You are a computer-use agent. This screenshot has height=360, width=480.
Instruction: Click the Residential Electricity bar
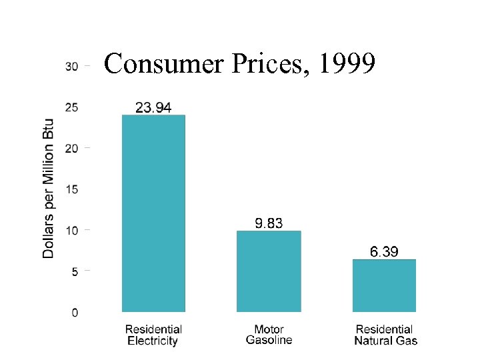153,213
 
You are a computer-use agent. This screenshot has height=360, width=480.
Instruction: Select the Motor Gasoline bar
269,271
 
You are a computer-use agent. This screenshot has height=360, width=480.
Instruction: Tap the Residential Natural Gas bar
384,285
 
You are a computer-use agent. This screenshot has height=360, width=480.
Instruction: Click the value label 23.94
153,107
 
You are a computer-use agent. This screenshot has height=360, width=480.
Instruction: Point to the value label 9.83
269,223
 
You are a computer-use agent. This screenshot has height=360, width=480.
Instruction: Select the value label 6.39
384,251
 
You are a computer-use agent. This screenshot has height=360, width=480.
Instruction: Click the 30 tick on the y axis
71,66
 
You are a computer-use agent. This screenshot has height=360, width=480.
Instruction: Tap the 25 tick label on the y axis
71,107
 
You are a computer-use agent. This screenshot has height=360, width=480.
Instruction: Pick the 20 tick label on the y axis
71,148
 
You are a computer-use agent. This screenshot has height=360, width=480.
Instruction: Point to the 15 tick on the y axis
71,189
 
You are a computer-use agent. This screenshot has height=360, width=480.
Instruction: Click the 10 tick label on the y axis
71,231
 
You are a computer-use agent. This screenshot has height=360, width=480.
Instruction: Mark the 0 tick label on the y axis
75,313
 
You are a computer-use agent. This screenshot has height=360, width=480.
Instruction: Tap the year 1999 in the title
348,64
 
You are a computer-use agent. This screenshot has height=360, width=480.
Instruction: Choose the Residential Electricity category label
153,335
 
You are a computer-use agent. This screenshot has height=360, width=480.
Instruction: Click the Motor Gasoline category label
269,335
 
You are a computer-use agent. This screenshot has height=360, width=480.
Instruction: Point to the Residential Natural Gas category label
385,335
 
